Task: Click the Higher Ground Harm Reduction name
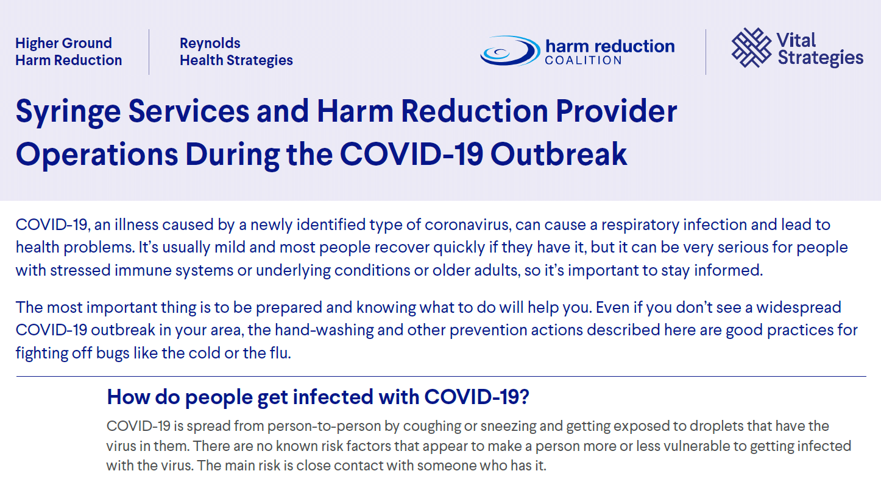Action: pos(68,52)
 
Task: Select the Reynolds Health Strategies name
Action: pos(236,52)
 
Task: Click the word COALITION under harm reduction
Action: pos(583,60)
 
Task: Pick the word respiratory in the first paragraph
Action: pos(640,225)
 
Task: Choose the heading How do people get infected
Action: pos(318,397)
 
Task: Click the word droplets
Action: pos(632,425)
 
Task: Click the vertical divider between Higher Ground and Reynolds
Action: pos(149,52)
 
